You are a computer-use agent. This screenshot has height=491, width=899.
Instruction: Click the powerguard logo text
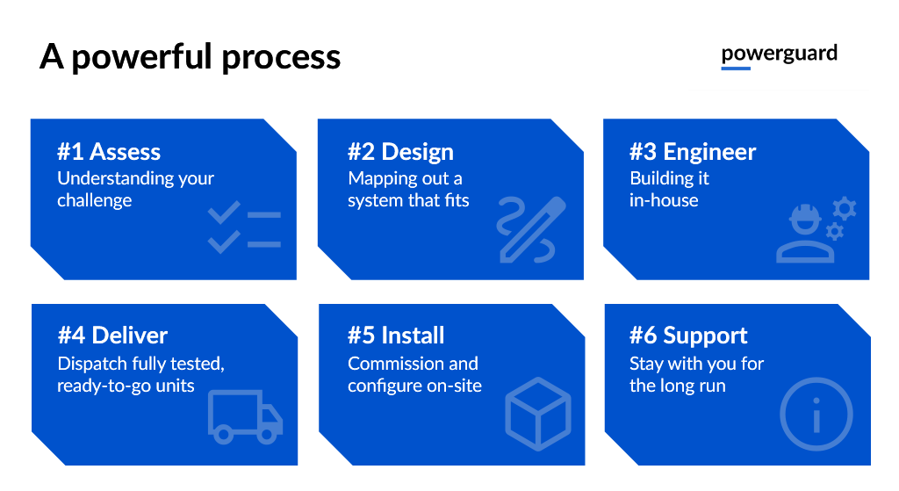point(779,54)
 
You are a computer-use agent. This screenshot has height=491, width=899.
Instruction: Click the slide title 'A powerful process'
point(190,57)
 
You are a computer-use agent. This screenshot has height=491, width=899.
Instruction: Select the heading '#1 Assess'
point(109,152)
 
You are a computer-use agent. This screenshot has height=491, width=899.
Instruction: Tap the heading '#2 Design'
point(400,152)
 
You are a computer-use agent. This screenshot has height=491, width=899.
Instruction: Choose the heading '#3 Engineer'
point(692,152)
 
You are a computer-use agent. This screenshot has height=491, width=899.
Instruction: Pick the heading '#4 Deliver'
point(112,336)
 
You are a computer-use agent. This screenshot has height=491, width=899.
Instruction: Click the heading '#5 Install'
point(396,336)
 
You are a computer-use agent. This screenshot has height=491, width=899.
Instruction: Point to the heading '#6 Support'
point(688,336)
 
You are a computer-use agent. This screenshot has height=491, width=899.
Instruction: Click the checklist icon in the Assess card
point(244,227)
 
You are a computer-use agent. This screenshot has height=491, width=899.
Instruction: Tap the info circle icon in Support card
point(816,413)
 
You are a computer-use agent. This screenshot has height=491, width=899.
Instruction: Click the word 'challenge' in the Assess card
point(95,200)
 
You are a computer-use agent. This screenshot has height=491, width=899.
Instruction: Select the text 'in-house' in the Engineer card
point(664,200)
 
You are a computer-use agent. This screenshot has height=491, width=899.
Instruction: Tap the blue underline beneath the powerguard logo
point(736,68)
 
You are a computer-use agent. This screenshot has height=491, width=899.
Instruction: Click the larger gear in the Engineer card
point(844,208)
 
